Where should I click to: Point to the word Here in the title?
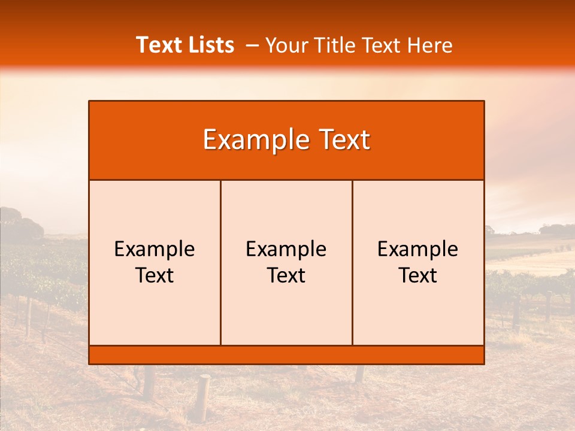(x=429, y=45)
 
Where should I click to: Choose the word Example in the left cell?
(x=155, y=249)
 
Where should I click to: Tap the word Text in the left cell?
(x=155, y=275)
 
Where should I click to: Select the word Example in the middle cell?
(x=286, y=249)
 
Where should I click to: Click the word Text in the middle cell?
(x=286, y=275)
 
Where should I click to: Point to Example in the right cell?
(x=418, y=249)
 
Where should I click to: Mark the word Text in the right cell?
(x=418, y=275)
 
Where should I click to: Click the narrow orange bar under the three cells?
(x=286, y=355)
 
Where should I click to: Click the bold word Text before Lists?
(x=158, y=45)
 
